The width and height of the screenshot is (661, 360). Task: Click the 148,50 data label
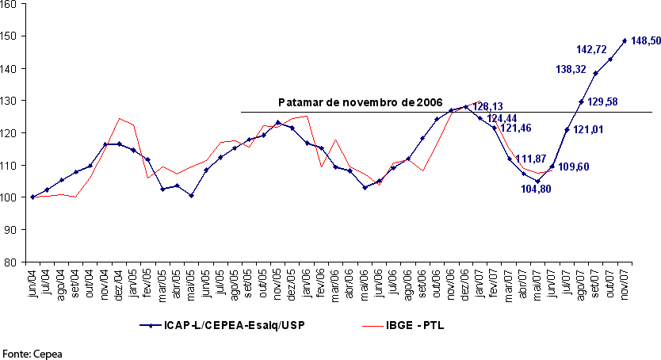(641, 40)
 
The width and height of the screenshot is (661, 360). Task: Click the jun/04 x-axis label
(32, 282)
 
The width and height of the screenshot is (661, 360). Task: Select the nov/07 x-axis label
(625, 282)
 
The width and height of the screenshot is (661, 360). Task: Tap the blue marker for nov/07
(625, 40)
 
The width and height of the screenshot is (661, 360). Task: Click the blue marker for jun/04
(32, 197)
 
